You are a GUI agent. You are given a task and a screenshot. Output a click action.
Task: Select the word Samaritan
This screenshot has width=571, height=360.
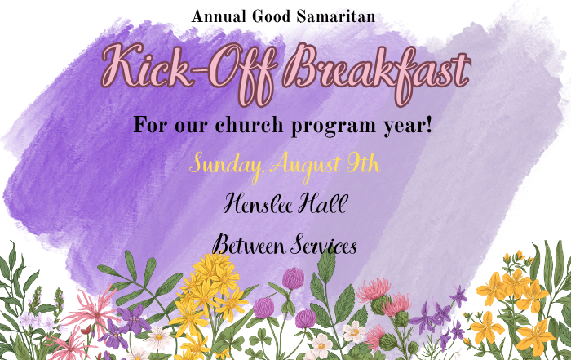[x=335, y=16]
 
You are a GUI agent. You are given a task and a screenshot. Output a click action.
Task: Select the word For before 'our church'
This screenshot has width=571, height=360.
[x=150, y=125]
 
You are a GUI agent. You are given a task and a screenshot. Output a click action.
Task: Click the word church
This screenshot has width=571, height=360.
[x=249, y=125]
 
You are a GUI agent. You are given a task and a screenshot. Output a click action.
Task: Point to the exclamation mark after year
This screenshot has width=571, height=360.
[x=428, y=125]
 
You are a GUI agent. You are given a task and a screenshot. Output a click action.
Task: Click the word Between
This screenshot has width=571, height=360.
[x=249, y=245]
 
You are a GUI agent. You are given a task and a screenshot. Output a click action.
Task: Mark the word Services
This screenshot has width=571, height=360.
[x=324, y=245]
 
